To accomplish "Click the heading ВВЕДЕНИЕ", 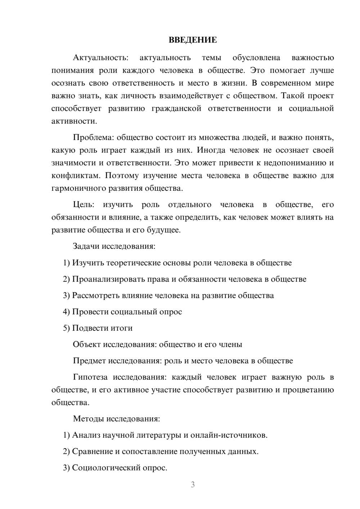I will tap(193, 40).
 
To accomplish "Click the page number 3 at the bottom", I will tap(193, 485).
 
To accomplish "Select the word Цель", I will tap(83, 205).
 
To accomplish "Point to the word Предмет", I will tap(89, 361).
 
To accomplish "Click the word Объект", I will tap(87, 344).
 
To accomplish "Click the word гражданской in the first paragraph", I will tap(176, 109).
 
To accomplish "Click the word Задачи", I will tap(86, 247).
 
